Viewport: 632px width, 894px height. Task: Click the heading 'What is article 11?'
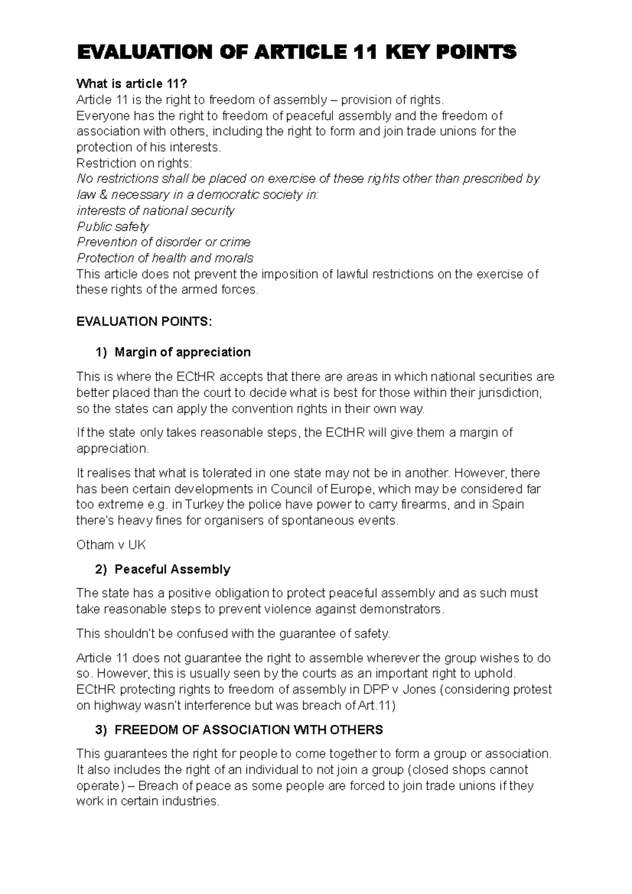pos(132,84)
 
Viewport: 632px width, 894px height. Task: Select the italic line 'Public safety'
pos(113,226)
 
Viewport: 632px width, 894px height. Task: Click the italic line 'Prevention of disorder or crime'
pos(163,242)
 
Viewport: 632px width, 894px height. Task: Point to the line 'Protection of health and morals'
pos(164,258)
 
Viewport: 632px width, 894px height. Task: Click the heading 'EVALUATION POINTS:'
pos(144,322)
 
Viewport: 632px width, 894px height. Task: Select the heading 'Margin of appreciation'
pos(182,352)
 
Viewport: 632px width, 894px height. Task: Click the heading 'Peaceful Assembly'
pos(172,569)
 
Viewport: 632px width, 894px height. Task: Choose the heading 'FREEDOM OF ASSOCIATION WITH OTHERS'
pos(248,730)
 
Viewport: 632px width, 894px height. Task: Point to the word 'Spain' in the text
pos(508,504)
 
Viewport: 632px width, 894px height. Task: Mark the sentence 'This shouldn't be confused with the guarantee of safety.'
pos(233,633)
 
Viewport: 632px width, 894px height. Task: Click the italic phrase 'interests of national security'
pos(155,211)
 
